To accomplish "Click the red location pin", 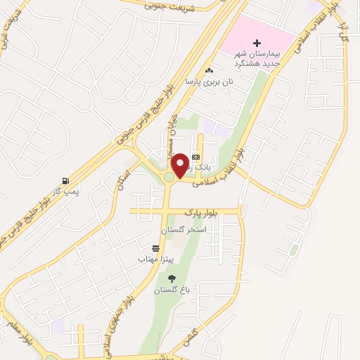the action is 181,165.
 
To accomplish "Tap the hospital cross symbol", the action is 257,44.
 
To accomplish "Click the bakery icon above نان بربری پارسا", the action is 208,71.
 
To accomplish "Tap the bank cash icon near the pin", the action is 195,157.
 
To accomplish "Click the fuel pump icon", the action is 65,180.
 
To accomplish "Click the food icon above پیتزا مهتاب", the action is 155,248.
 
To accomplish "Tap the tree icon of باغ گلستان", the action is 172,278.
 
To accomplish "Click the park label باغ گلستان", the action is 172,290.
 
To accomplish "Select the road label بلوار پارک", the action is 201,212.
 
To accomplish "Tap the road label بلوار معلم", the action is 13,330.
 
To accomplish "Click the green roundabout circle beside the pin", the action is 169,179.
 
